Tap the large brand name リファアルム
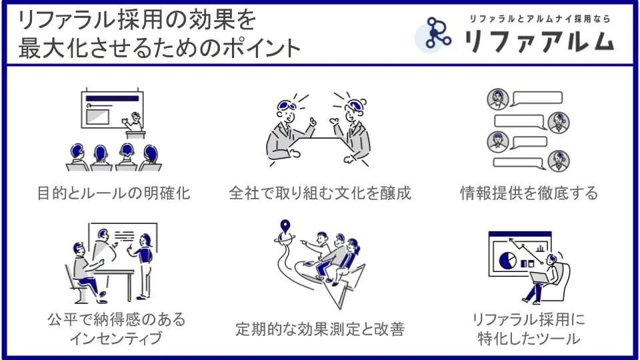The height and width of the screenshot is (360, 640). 539,41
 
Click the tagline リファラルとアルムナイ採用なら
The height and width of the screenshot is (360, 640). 539,19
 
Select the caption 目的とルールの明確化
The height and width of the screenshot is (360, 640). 113,193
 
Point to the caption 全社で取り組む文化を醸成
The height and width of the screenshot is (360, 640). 319,193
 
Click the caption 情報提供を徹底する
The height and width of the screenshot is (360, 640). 529,193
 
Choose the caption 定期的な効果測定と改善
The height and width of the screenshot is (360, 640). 320,329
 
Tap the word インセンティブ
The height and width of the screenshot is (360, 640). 116,339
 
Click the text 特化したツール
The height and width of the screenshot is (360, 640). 529,339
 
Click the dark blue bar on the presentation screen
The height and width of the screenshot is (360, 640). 112,99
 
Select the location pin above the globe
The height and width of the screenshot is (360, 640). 285,226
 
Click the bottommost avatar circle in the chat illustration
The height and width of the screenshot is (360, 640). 559,161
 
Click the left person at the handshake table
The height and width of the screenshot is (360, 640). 286,131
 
